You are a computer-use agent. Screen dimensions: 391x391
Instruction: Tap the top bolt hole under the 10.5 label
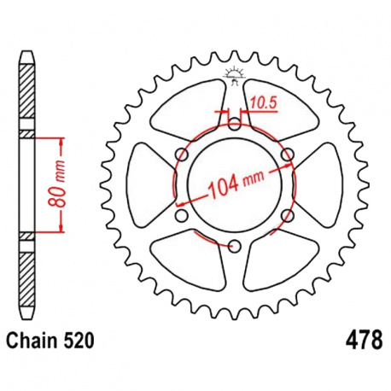tap(234, 122)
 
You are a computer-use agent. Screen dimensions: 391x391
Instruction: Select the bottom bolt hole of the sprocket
tap(234, 247)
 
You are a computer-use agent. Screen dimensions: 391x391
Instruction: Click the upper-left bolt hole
tap(180, 154)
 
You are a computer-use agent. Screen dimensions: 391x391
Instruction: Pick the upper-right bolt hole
tap(288, 154)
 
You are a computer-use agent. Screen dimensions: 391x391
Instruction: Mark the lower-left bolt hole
tap(180, 216)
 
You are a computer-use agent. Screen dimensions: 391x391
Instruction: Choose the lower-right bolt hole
tap(288, 216)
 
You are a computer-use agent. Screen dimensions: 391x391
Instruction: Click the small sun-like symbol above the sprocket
tap(232, 73)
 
